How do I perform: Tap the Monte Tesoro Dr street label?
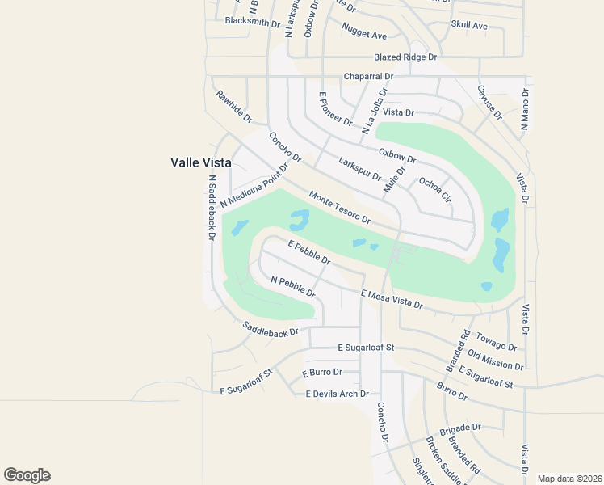point(339,208)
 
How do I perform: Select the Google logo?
point(27,475)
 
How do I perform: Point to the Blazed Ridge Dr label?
point(405,57)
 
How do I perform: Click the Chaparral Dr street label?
point(368,76)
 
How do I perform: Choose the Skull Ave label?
point(469,26)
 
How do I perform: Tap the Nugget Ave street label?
point(364,35)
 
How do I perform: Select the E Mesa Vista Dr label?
point(392,299)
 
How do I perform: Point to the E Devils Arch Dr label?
point(337,394)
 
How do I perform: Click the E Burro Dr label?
point(322,373)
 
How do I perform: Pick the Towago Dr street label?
point(497,341)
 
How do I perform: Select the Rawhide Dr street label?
point(234,106)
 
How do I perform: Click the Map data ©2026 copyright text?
point(569,479)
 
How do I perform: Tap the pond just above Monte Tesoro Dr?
point(299,218)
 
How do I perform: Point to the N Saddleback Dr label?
point(212,208)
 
